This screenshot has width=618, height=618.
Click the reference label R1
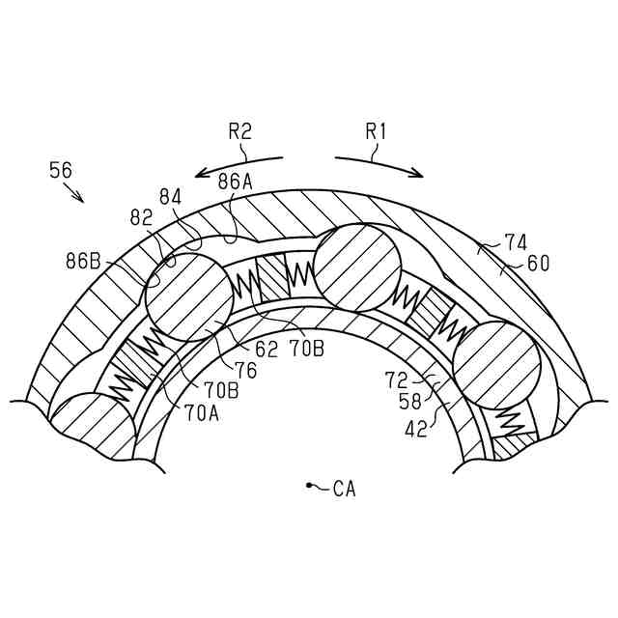pyautogui.click(x=376, y=130)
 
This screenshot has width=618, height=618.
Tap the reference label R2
pyautogui.click(x=239, y=130)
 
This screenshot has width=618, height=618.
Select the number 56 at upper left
pyautogui.click(x=61, y=171)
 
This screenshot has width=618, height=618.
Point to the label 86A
pyautogui.click(x=235, y=181)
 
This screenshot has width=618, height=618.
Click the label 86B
pyautogui.click(x=84, y=261)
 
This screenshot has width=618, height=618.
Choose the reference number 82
pyautogui.click(x=141, y=218)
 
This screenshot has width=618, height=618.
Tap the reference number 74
pyautogui.click(x=516, y=243)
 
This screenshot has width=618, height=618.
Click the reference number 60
pyautogui.click(x=538, y=263)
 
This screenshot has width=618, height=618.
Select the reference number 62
pyautogui.click(x=267, y=349)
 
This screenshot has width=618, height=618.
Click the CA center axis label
pyautogui.click(x=344, y=490)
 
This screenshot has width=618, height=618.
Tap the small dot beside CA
pyautogui.click(x=308, y=485)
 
